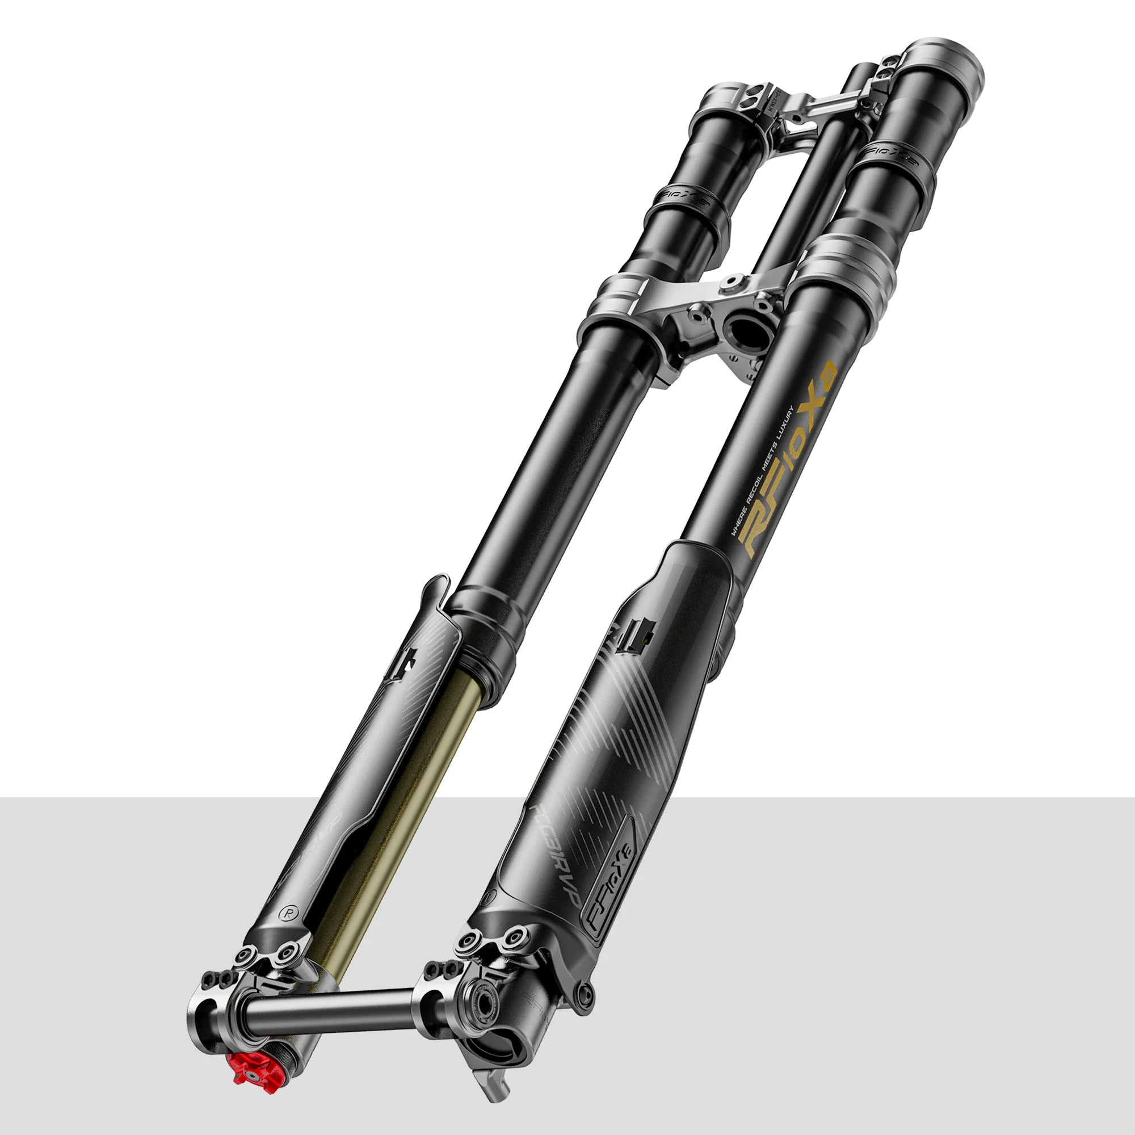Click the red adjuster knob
click(x=254, y=1074)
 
